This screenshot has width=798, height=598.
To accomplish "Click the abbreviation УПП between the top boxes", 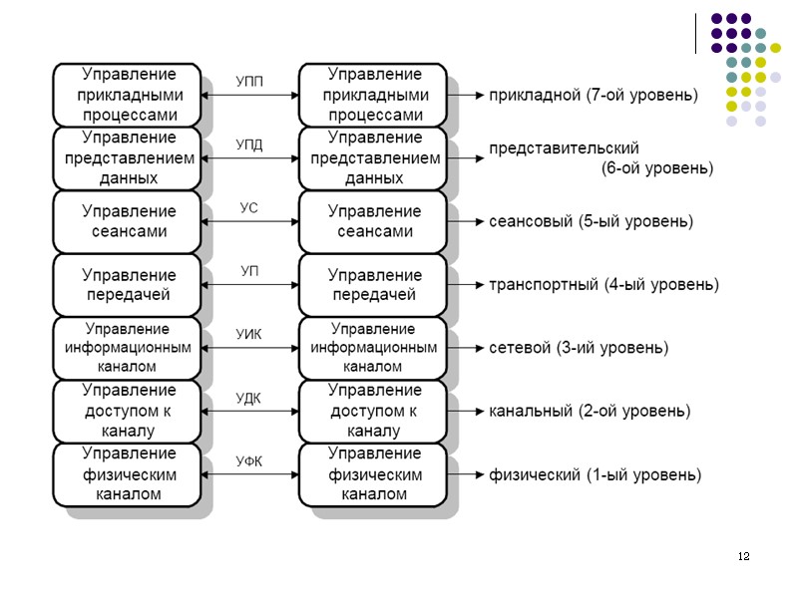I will click(249, 81).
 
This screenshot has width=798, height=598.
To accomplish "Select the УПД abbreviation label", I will click(249, 145).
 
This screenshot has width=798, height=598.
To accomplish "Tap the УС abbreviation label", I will click(249, 208).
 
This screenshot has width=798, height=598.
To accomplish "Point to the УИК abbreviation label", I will click(249, 336).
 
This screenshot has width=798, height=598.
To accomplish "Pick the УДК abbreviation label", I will click(249, 399).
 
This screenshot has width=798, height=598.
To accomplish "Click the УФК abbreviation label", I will click(249, 460).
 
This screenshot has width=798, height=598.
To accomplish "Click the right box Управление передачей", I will click(373, 284).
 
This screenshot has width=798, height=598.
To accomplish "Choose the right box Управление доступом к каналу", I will click(373, 411).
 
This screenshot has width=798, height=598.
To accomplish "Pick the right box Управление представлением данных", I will click(373, 157).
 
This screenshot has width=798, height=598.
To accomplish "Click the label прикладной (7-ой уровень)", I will click(593, 96).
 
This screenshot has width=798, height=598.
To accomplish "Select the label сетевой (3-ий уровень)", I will click(579, 348).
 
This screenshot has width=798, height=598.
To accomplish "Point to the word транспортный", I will click(543, 285).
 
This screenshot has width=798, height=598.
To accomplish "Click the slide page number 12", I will click(743, 555).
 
